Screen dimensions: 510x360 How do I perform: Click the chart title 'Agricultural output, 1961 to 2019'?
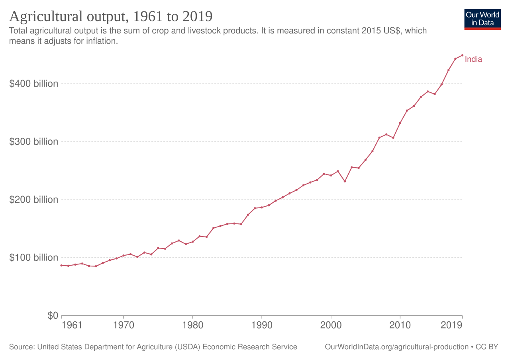111,17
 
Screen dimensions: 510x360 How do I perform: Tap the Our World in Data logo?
483,20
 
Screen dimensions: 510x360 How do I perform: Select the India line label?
473,59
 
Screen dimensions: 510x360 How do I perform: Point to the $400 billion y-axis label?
34,84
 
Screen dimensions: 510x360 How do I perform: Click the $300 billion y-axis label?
34,141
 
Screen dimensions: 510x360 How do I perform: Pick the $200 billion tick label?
34,200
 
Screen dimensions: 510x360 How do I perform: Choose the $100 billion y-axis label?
34,258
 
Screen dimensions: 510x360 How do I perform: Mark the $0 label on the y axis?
53,316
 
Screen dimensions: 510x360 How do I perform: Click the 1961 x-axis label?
72,325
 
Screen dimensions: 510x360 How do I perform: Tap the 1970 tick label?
124,325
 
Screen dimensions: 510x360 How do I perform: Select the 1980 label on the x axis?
192,325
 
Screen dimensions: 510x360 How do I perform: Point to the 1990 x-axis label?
262,325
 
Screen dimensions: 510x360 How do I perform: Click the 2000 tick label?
331,325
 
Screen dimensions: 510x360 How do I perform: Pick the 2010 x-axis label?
400,325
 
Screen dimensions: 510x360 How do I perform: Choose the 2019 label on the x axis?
452,325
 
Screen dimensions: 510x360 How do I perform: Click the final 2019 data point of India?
462,55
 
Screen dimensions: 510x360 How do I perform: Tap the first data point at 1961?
61,265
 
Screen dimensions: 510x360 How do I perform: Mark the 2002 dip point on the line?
345,181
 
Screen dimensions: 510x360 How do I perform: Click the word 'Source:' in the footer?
22,347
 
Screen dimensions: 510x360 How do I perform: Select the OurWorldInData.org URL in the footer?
396,347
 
